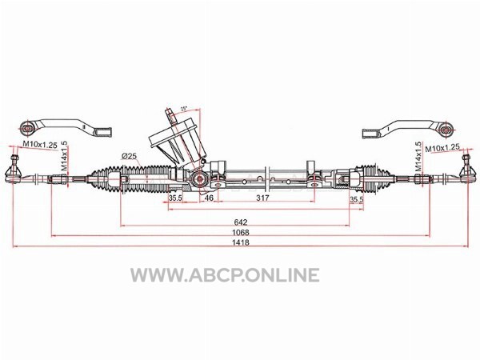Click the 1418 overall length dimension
point(240,242)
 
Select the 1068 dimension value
point(240,232)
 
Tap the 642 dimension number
point(240,222)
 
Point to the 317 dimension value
point(262,198)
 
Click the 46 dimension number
point(209,198)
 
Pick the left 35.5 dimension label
point(175,198)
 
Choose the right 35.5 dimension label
point(356,199)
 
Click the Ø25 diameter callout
point(129,156)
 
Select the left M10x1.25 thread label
point(40,145)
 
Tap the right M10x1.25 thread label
point(442,148)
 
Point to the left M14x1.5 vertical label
point(64,156)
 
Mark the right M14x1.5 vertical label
point(418,157)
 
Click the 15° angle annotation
point(183,109)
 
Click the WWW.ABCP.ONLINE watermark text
point(225,274)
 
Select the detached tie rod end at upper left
point(65,128)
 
